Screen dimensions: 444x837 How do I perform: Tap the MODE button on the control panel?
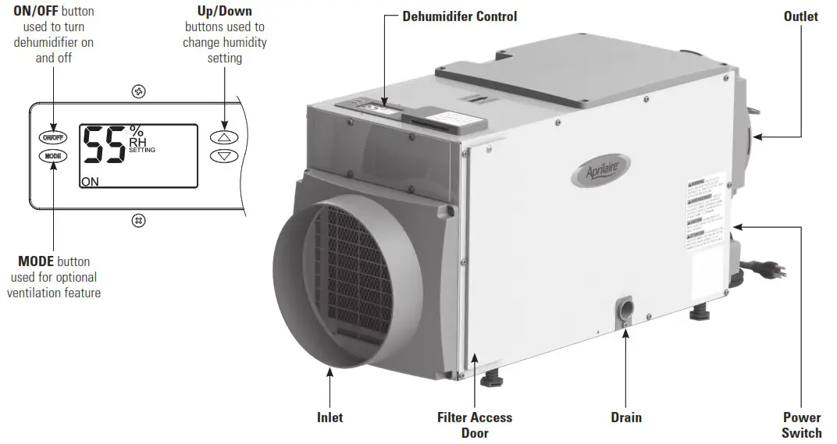pos(54,156)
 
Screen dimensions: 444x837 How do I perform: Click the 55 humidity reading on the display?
pos(104,145)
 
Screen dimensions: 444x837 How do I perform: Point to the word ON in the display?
pos(90,181)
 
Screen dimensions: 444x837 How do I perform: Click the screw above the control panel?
pos(138,92)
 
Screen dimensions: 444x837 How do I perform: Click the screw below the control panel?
pos(138,220)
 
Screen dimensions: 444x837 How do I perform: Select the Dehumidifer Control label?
pos(459,16)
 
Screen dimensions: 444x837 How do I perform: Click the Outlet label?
pos(800,16)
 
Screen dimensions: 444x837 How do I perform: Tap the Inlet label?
pos(329,417)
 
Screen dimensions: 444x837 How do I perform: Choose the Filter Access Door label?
pos(475,425)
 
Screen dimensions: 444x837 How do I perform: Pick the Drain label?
pos(626,417)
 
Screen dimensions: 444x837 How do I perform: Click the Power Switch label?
pos(802,425)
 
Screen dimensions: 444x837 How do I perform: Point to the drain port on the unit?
pos(626,308)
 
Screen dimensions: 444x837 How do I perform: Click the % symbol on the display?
pos(137,130)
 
